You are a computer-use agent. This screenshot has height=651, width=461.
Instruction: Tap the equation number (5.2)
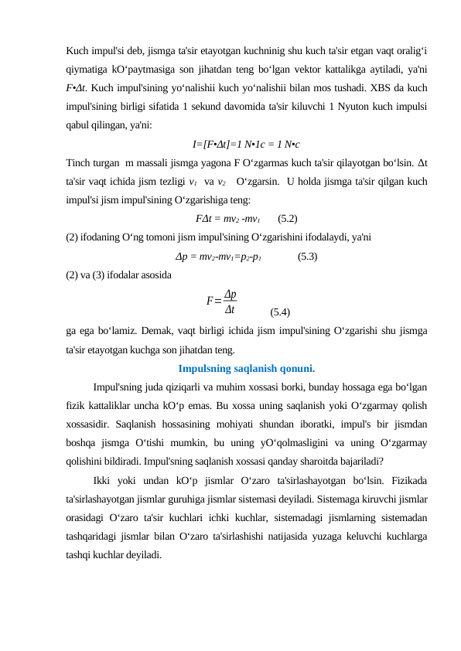point(289,218)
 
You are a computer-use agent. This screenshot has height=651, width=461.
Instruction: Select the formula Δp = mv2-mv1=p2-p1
point(218,257)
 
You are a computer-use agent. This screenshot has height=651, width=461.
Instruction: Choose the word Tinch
point(79,162)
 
